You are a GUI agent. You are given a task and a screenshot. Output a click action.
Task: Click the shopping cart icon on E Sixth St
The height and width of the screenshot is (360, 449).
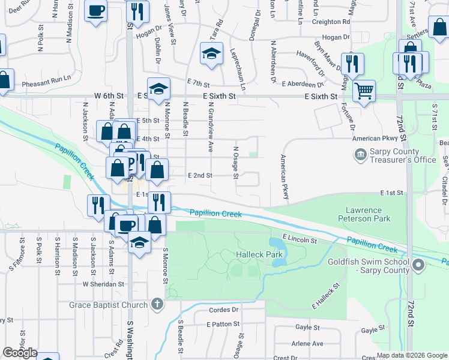pos(364,91)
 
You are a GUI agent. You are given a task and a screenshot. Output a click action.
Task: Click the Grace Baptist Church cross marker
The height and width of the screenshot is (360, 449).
pos(157,305)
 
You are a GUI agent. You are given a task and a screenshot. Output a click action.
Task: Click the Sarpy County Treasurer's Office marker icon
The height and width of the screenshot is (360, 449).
pos(360,155)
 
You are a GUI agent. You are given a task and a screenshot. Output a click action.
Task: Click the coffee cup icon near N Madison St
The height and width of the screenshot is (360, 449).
pos(96,10)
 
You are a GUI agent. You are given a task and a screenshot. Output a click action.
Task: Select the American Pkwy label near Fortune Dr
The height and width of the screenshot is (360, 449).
pos(376,139)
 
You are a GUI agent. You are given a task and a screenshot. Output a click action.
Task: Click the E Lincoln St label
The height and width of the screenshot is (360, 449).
pos(298,239)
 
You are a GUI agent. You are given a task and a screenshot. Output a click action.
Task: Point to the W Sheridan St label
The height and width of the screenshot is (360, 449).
pos(103,284)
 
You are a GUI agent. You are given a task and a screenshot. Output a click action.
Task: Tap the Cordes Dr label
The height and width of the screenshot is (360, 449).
pos(223,310)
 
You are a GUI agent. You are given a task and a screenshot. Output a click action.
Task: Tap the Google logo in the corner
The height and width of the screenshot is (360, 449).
pos(20,353)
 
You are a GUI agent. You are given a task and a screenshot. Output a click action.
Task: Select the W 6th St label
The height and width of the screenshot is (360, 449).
pos(109,95)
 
